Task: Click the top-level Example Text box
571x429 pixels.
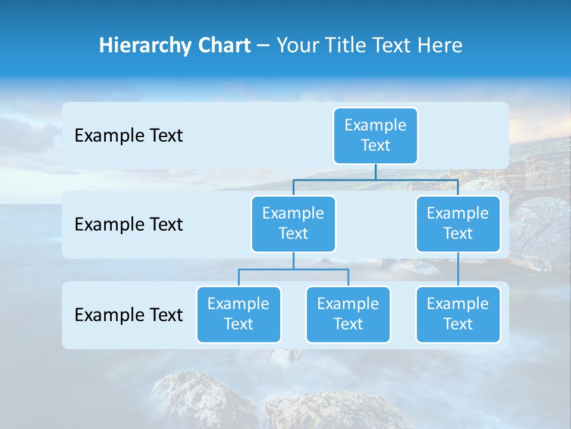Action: point(375,135)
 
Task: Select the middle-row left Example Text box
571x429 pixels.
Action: point(293,223)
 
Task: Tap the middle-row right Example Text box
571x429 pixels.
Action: point(458,223)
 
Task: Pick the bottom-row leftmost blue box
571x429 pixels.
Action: point(239,314)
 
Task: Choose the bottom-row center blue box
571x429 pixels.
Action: point(348,314)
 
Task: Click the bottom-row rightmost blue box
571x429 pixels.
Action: point(458,314)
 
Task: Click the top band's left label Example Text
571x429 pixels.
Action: point(128,136)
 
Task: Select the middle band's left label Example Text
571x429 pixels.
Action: point(128,225)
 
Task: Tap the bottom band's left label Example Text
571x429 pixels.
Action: point(128,315)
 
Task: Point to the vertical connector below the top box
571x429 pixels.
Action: point(375,172)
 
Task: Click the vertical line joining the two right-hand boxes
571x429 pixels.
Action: point(458,269)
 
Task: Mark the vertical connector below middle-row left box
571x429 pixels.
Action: point(293,260)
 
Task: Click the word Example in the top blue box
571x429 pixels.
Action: point(375,125)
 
